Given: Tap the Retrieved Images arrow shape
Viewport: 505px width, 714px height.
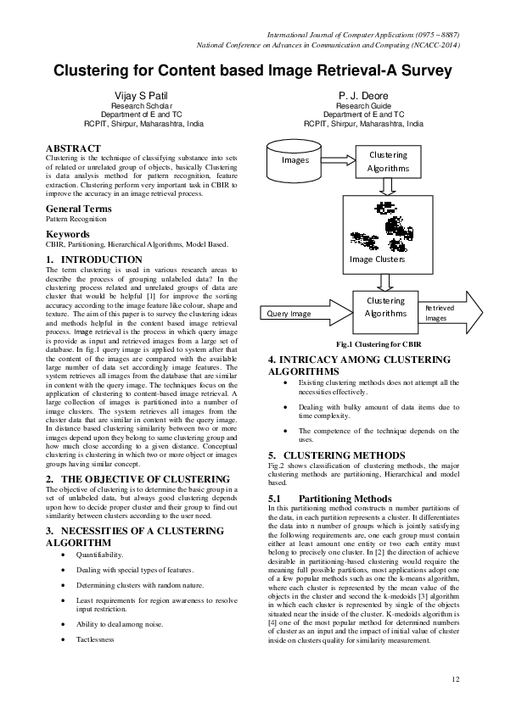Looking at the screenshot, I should [x=450, y=313].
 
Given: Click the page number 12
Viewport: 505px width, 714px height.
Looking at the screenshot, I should [x=456, y=678].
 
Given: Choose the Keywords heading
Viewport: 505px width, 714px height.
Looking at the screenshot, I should [x=69, y=233].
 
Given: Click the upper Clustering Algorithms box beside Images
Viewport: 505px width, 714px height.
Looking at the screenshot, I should [x=387, y=161].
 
